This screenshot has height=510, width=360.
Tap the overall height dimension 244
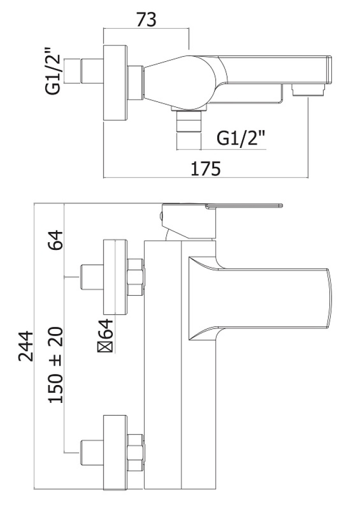[x=26, y=346]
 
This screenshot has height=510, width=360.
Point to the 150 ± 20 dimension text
[x=57, y=365]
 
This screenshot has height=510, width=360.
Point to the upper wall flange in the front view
[x=115, y=277]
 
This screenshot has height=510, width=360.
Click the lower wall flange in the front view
[x=115, y=451]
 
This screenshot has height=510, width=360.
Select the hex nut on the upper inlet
[x=136, y=277]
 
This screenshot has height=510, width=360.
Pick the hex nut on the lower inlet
[x=136, y=452]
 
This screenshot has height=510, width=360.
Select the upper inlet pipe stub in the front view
[x=92, y=277]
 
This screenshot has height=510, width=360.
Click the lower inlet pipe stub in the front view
[x=92, y=451]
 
